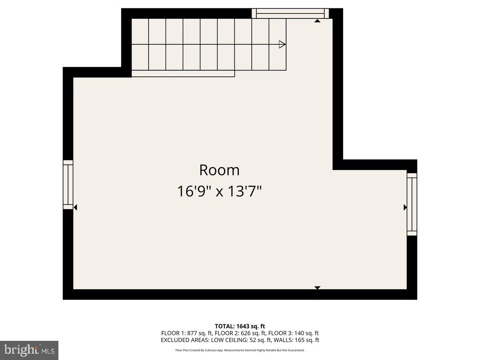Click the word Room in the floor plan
219,170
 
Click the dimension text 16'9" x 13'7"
219,191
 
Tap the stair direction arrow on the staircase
282,44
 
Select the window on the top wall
290,14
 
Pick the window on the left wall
68,184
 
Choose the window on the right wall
412,204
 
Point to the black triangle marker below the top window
317,21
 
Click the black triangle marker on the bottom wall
317,287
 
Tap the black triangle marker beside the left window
75,207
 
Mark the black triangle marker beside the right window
405,207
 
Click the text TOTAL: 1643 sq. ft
240,326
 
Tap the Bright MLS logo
29,350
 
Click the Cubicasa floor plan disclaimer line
240,350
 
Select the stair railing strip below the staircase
183,74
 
